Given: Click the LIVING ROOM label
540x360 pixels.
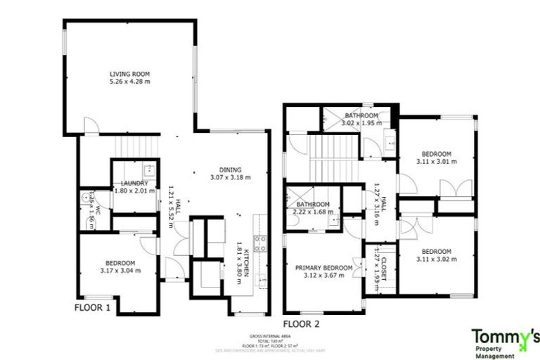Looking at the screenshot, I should coord(129,74).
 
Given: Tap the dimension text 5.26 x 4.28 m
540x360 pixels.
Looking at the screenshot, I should coord(129,82).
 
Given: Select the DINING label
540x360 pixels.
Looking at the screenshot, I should coord(230,169).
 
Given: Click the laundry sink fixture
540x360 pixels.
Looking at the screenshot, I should coord(148,170).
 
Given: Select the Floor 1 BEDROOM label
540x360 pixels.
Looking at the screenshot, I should coord(117,263).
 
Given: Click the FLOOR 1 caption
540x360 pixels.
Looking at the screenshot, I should coord(93,308).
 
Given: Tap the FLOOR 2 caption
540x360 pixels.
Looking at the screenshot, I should coord(302,324).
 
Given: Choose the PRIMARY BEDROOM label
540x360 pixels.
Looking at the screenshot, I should coord(324,267).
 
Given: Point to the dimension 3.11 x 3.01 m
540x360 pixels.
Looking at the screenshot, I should coord(436,161).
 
